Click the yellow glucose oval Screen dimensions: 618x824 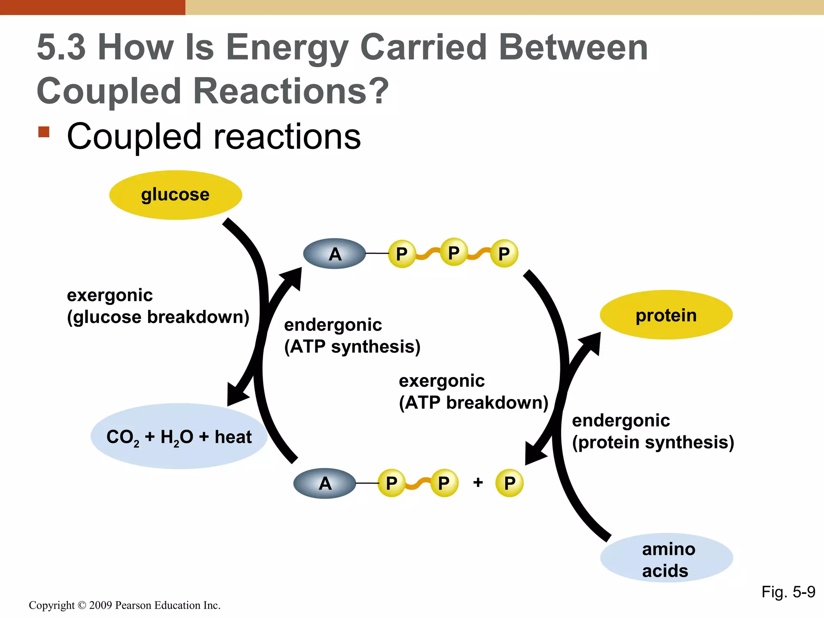click(175, 195)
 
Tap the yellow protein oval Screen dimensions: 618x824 click(666, 315)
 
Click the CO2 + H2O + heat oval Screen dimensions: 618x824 click(179, 437)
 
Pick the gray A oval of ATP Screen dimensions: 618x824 click(334, 254)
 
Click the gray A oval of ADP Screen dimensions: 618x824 click(325, 483)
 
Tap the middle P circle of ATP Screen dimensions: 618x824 click(453, 252)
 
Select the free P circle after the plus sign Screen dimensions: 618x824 click(509, 483)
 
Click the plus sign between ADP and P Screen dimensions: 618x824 click(478, 482)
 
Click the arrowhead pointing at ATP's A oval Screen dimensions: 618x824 click(294, 277)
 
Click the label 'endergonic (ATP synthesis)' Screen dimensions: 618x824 click(352, 336)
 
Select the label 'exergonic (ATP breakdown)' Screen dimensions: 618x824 click(473, 391)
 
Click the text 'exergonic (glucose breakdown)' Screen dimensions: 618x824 click(158, 306)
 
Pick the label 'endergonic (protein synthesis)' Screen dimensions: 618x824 click(653, 431)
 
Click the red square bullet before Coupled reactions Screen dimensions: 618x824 click(44, 132)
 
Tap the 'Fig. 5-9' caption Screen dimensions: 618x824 click(788, 592)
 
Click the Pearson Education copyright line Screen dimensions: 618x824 click(124, 605)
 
